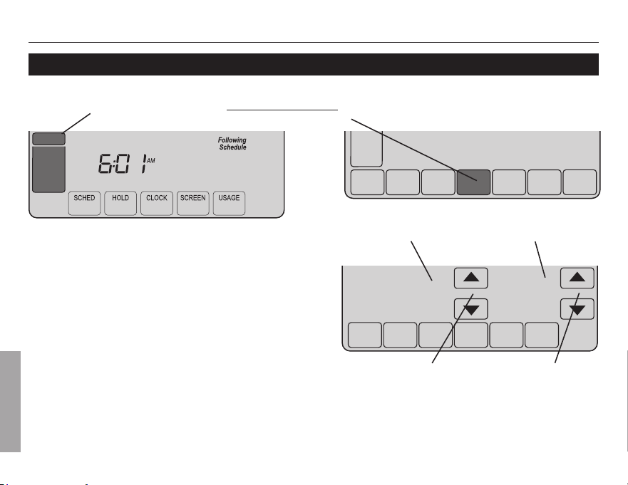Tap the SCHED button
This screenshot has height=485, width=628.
[85, 203]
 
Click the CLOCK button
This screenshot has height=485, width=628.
[157, 203]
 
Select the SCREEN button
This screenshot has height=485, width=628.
[193, 203]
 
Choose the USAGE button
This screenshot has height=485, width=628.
[229, 203]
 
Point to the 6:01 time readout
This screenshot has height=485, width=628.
[122, 164]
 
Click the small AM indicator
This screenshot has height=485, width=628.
[151, 160]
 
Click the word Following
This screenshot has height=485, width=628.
[232, 140]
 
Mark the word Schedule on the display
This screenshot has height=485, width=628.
[232, 147]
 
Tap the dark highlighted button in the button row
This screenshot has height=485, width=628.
[474, 182]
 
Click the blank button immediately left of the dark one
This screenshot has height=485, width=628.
[438, 182]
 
